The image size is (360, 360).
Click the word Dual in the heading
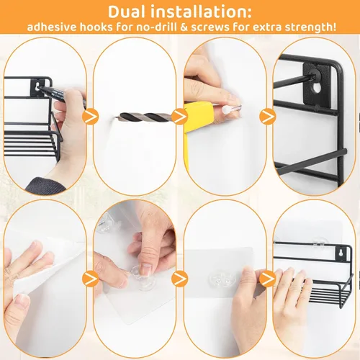(127, 12)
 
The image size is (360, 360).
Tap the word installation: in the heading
(202, 12)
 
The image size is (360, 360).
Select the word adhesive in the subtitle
(52, 27)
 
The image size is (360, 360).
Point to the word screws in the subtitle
(210, 27)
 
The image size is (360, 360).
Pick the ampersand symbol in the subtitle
(184, 27)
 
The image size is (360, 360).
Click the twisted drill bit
(143, 117)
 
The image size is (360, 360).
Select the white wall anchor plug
(227, 109)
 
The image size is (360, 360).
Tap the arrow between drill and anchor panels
(180, 117)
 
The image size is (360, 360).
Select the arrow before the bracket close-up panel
(267, 117)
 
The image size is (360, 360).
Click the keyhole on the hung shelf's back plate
(340, 254)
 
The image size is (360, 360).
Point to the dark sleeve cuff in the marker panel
(45, 186)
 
